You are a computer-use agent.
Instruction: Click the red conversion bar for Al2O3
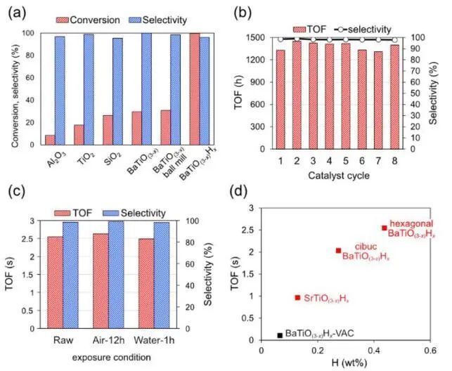click(x=49, y=140)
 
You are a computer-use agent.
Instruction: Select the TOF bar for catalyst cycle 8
click(x=394, y=97)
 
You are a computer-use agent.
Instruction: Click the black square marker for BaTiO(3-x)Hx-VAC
click(x=280, y=335)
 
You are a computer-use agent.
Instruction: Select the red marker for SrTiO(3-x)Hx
click(x=297, y=298)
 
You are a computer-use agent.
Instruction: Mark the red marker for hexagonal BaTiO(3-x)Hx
click(x=384, y=228)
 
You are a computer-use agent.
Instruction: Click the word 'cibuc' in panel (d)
click(x=366, y=246)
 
